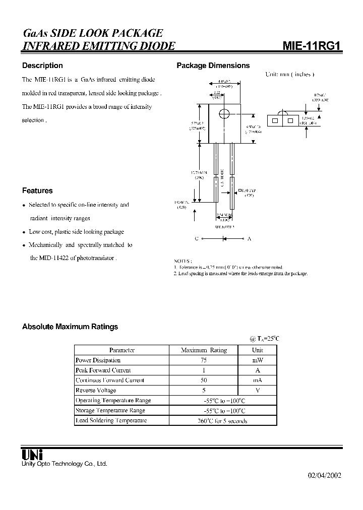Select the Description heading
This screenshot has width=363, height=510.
tap(42, 66)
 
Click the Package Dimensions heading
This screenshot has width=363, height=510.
tap(213, 66)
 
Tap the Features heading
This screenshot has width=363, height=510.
tap(37, 190)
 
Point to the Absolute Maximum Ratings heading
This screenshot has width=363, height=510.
tap(70, 327)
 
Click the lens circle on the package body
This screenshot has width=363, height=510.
tap(224, 114)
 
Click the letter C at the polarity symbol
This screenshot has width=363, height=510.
tap(197, 238)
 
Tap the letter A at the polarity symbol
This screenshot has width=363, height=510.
tap(249, 238)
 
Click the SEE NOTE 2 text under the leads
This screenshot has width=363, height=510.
tap(224, 227)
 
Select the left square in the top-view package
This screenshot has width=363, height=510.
tap(275, 121)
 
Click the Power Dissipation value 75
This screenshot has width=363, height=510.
tap(204, 360)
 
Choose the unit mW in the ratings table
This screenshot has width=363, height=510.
tap(257, 360)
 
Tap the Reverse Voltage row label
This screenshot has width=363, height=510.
tap(96, 391)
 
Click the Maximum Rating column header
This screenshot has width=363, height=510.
tap(204, 350)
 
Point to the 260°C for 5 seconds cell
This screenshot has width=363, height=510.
tap(224, 421)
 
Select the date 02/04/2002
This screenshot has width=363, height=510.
tap(325, 476)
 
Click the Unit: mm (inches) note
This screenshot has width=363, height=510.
tap(290, 74)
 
